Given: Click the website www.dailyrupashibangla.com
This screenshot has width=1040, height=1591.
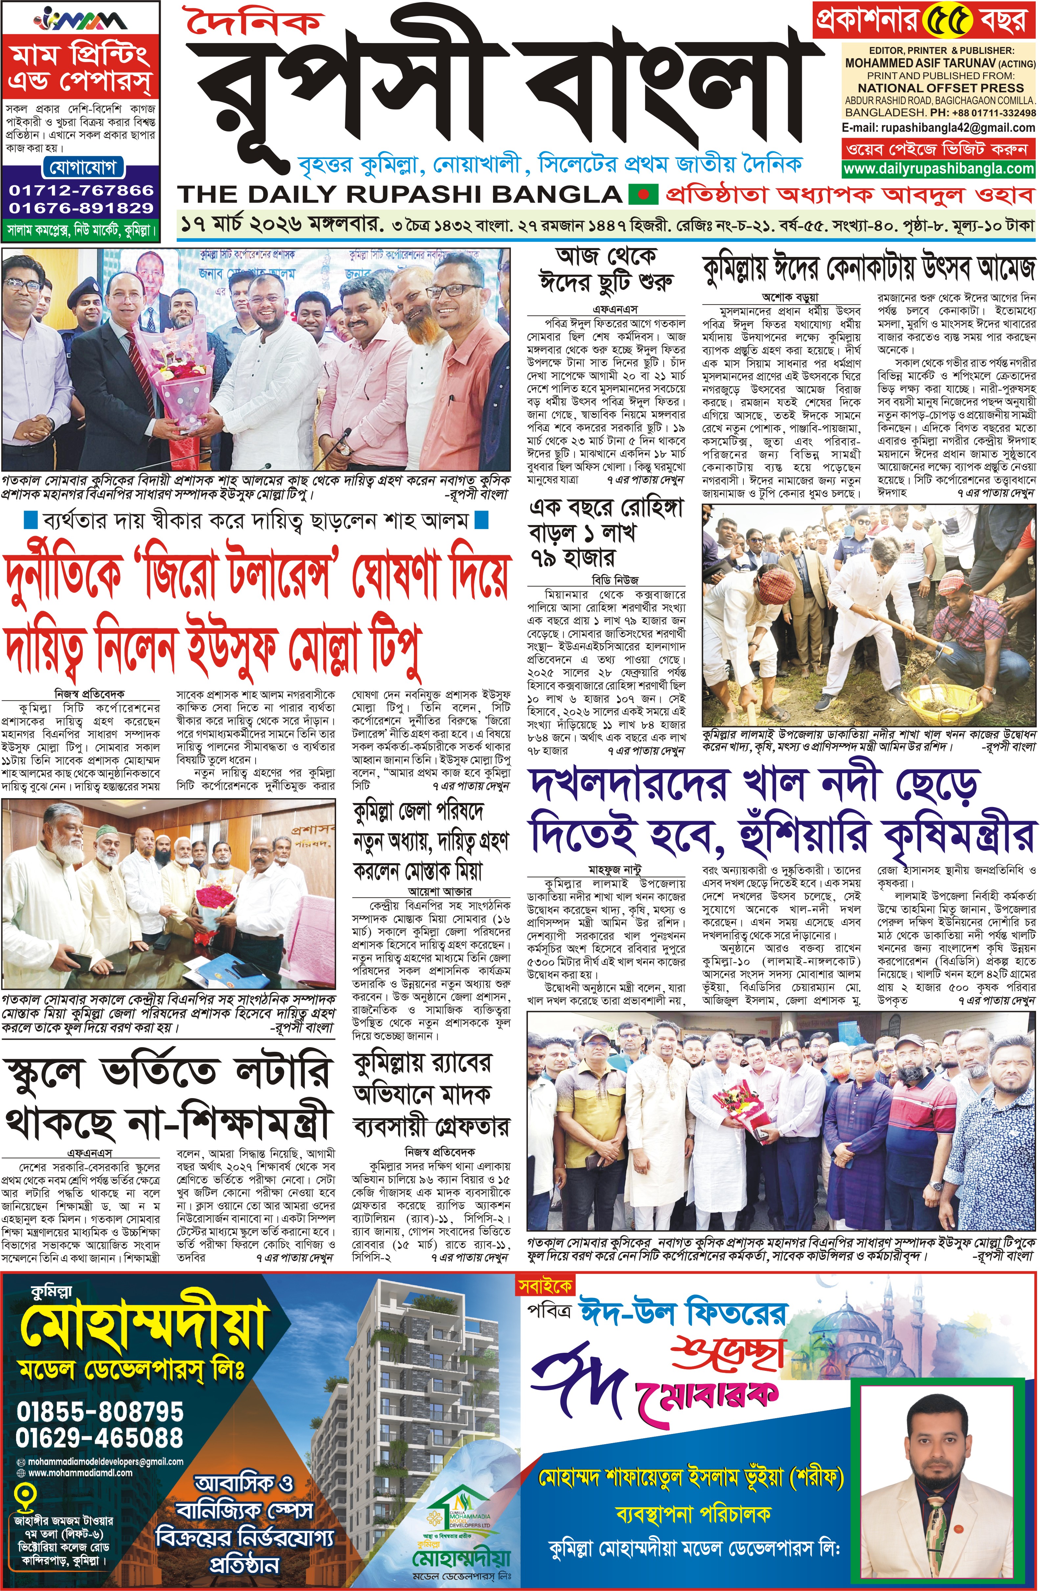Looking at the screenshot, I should click(x=938, y=169).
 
